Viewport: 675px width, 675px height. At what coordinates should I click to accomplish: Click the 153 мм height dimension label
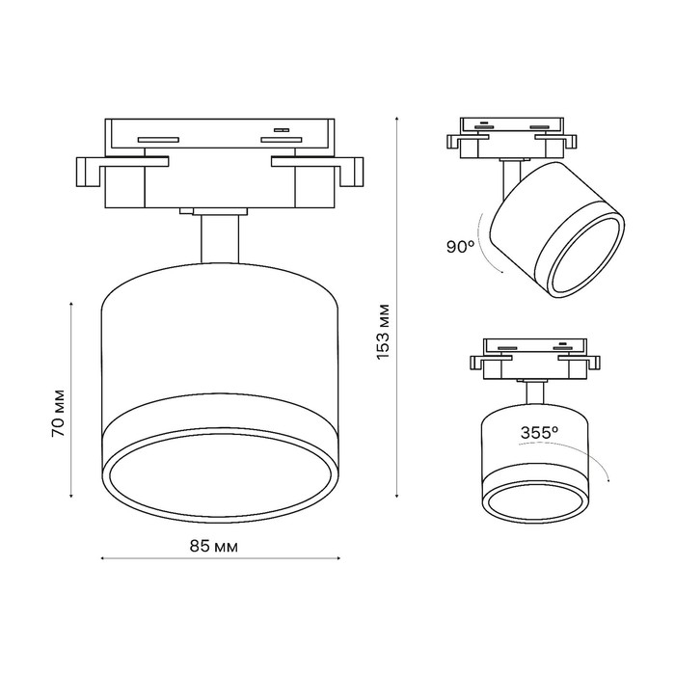(x=383, y=332)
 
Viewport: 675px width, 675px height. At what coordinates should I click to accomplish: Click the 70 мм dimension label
(x=59, y=413)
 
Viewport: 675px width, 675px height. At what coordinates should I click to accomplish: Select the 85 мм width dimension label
(x=213, y=546)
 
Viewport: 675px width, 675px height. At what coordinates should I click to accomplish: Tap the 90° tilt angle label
(x=462, y=246)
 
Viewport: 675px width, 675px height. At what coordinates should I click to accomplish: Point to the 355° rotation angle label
(x=540, y=433)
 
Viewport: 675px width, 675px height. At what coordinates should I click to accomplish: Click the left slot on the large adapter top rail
(x=158, y=139)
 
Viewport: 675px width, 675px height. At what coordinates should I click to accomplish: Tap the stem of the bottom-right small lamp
(x=533, y=391)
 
